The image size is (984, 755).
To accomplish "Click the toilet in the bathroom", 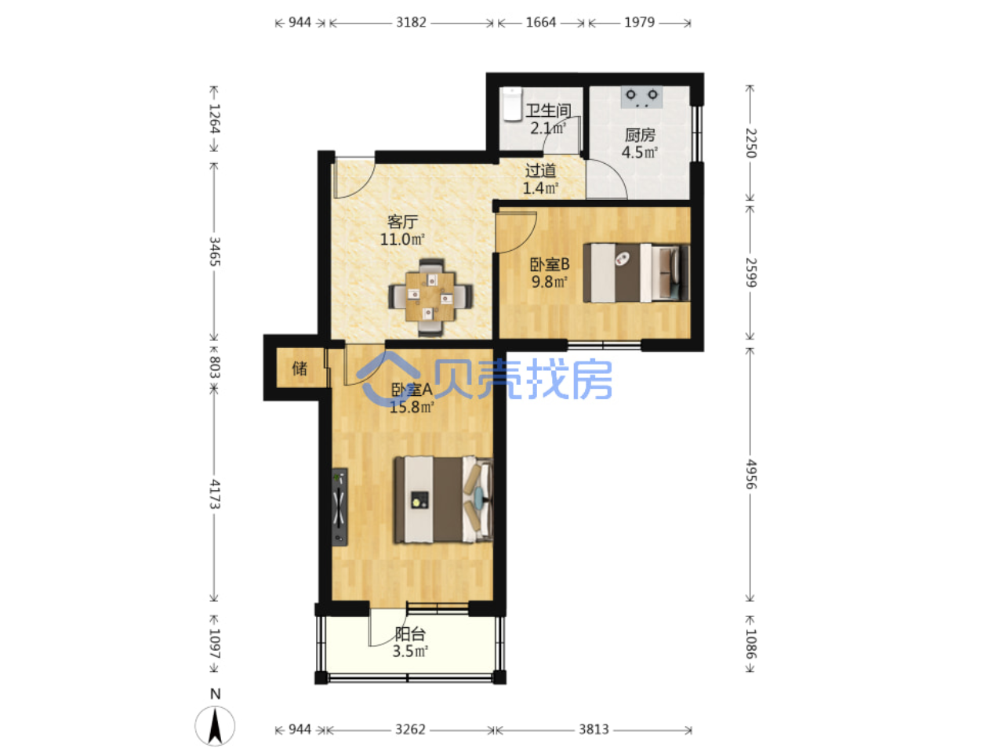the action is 513,104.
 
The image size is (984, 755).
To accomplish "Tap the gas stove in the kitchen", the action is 641,97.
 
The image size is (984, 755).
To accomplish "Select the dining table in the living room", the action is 430,297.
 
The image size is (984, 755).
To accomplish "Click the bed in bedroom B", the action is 636,273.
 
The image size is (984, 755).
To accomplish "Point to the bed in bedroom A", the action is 443,499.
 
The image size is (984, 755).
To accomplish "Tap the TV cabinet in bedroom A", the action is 339,506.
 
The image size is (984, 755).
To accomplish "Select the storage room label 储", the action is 300,368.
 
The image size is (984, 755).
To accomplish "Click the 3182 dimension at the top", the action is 411,22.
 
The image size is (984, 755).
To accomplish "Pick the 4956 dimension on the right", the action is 750,474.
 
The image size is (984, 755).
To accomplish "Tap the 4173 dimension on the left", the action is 214,494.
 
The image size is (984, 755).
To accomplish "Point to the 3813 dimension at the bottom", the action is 594,729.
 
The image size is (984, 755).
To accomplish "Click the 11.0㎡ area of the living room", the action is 402,239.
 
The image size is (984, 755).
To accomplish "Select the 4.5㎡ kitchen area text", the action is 639,152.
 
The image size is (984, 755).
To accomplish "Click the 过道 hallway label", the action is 540,171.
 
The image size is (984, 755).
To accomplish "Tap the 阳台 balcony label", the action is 410,633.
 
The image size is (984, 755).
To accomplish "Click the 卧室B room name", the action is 550,264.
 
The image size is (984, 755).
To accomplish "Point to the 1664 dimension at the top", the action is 541,22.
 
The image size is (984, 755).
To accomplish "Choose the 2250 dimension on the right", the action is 750,143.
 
